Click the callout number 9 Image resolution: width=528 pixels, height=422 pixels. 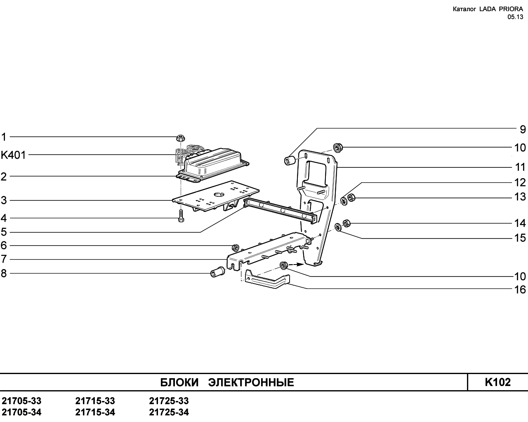[x=523, y=129]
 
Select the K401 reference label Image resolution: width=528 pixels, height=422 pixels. [x=13, y=155]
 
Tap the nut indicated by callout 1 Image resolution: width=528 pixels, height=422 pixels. [x=180, y=138]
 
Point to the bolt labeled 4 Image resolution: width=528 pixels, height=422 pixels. [x=181, y=216]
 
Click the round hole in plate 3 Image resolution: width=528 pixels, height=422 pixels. [x=219, y=195]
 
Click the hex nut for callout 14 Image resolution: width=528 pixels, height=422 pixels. [x=346, y=223]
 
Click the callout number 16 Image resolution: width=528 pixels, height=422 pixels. [x=520, y=290]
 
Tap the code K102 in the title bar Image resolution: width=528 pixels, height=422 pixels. [x=497, y=382]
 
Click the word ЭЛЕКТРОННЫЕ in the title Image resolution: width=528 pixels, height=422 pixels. [x=251, y=382]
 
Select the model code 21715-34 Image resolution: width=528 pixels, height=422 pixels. [x=95, y=412]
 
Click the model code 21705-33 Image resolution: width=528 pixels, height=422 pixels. [x=21, y=401]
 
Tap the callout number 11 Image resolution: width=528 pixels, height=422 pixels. [x=520, y=167]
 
